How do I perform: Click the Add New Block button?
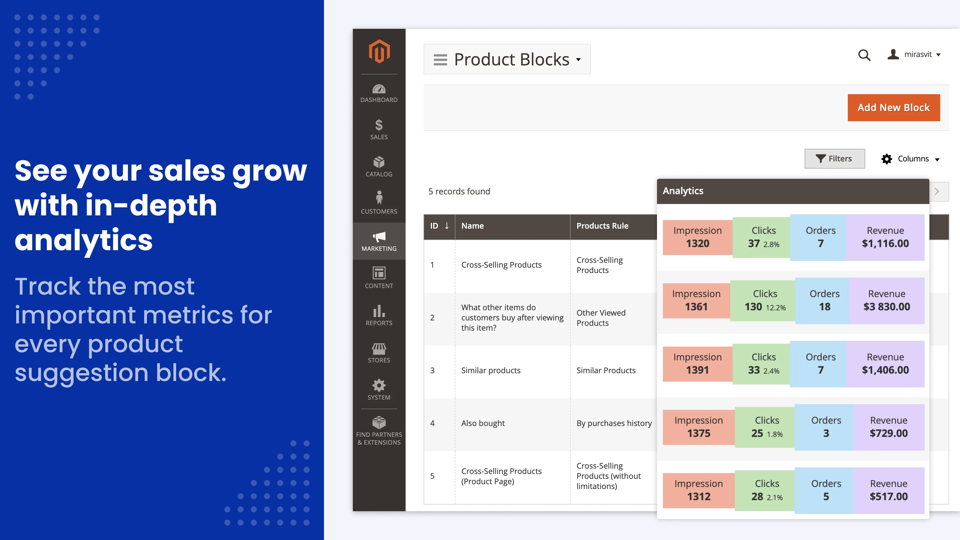point(893,108)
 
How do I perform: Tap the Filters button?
point(834,159)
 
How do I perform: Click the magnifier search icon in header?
point(864,55)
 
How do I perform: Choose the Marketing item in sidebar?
point(379,241)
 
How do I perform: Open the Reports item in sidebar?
point(379,315)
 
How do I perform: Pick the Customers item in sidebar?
point(379,203)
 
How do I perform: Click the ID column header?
point(439,226)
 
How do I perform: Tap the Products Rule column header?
point(602,226)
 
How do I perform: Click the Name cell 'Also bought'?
point(483,423)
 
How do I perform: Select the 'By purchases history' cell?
point(614,423)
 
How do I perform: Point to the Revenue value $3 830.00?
point(886,307)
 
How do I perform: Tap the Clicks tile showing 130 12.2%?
point(765,301)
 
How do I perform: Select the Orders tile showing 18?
point(824,301)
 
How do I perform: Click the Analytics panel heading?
point(683,191)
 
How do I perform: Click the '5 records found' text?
point(459,192)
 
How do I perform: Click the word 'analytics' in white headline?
point(83,240)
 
